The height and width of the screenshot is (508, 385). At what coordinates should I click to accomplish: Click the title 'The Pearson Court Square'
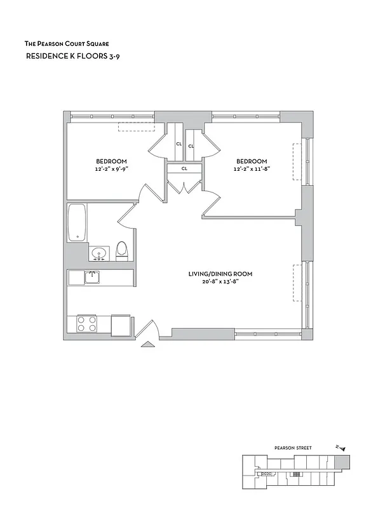coord(66,44)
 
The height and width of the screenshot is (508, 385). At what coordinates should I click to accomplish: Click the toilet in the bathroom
coord(123,251)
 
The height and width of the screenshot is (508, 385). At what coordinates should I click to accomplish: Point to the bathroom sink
coord(98,254)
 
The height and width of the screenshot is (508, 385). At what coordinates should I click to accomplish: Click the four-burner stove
coord(86,324)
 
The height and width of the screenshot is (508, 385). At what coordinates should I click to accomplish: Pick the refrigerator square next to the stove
coord(121,324)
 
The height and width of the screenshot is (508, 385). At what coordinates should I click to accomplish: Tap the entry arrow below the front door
coord(147,344)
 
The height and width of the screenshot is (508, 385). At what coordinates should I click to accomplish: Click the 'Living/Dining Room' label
coord(220,274)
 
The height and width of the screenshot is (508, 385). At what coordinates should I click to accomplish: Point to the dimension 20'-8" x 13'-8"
coord(220,282)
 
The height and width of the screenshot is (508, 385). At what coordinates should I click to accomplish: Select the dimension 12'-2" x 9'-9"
coord(111,169)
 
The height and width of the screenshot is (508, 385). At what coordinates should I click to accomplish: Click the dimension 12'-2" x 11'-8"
coord(252,169)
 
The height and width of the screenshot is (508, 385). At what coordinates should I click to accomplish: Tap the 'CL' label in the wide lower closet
coord(184,168)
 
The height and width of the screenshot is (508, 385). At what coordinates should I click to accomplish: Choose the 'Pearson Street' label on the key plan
coord(294,448)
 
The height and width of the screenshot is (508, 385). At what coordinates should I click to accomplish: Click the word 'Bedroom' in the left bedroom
coord(111,161)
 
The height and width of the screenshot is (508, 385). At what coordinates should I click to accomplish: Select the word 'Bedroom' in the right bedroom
coord(252,161)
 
